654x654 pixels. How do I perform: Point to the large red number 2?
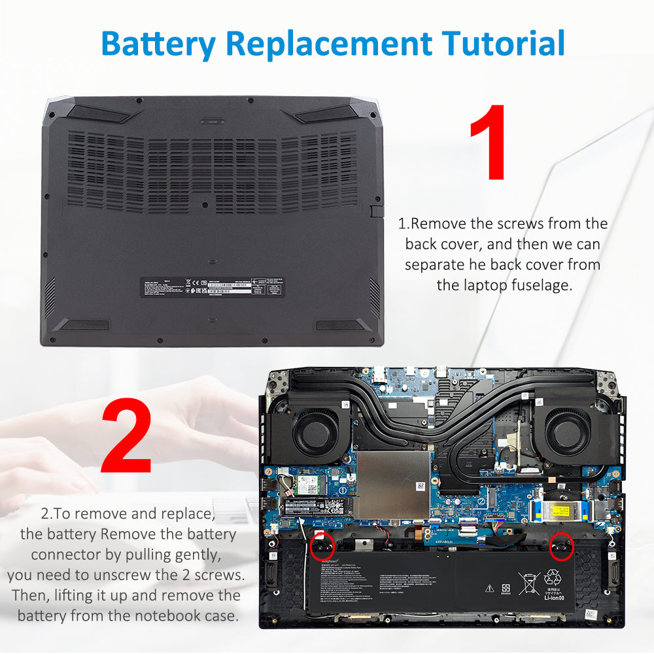point(126,436)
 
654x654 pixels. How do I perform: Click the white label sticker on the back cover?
point(213,286)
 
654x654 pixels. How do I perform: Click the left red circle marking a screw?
point(321,546)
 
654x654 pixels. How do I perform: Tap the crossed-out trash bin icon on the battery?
point(528,581)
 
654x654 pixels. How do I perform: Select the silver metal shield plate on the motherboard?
point(392,483)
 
